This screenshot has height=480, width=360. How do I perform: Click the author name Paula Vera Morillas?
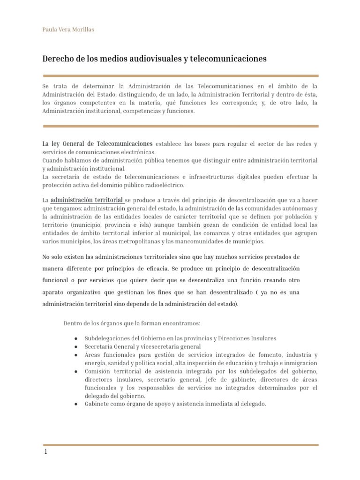[x=68, y=30]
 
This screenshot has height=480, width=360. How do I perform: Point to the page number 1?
[x=45, y=453]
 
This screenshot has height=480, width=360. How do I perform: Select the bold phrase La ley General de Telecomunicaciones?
[x=97, y=143]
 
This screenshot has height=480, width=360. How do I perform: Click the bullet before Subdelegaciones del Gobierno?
[x=76, y=338]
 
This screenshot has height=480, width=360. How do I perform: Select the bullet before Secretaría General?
[x=76, y=347]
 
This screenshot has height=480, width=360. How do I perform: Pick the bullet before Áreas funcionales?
[x=76, y=355]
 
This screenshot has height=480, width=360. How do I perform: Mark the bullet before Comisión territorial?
[x=76, y=371]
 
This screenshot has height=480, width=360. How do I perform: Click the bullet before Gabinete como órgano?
[x=76, y=404]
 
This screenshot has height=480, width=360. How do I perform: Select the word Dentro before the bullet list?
[x=72, y=323]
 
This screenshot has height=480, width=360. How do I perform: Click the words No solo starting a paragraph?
[x=52, y=257]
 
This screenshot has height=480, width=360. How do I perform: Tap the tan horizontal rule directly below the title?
[x=180, y=75]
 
